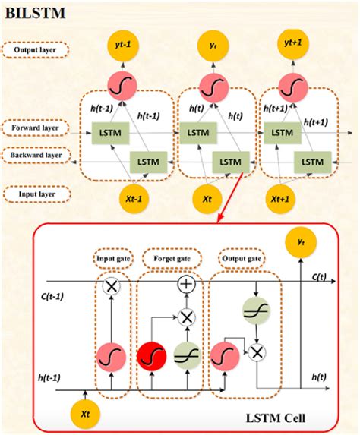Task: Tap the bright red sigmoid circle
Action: click(151, 355)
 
